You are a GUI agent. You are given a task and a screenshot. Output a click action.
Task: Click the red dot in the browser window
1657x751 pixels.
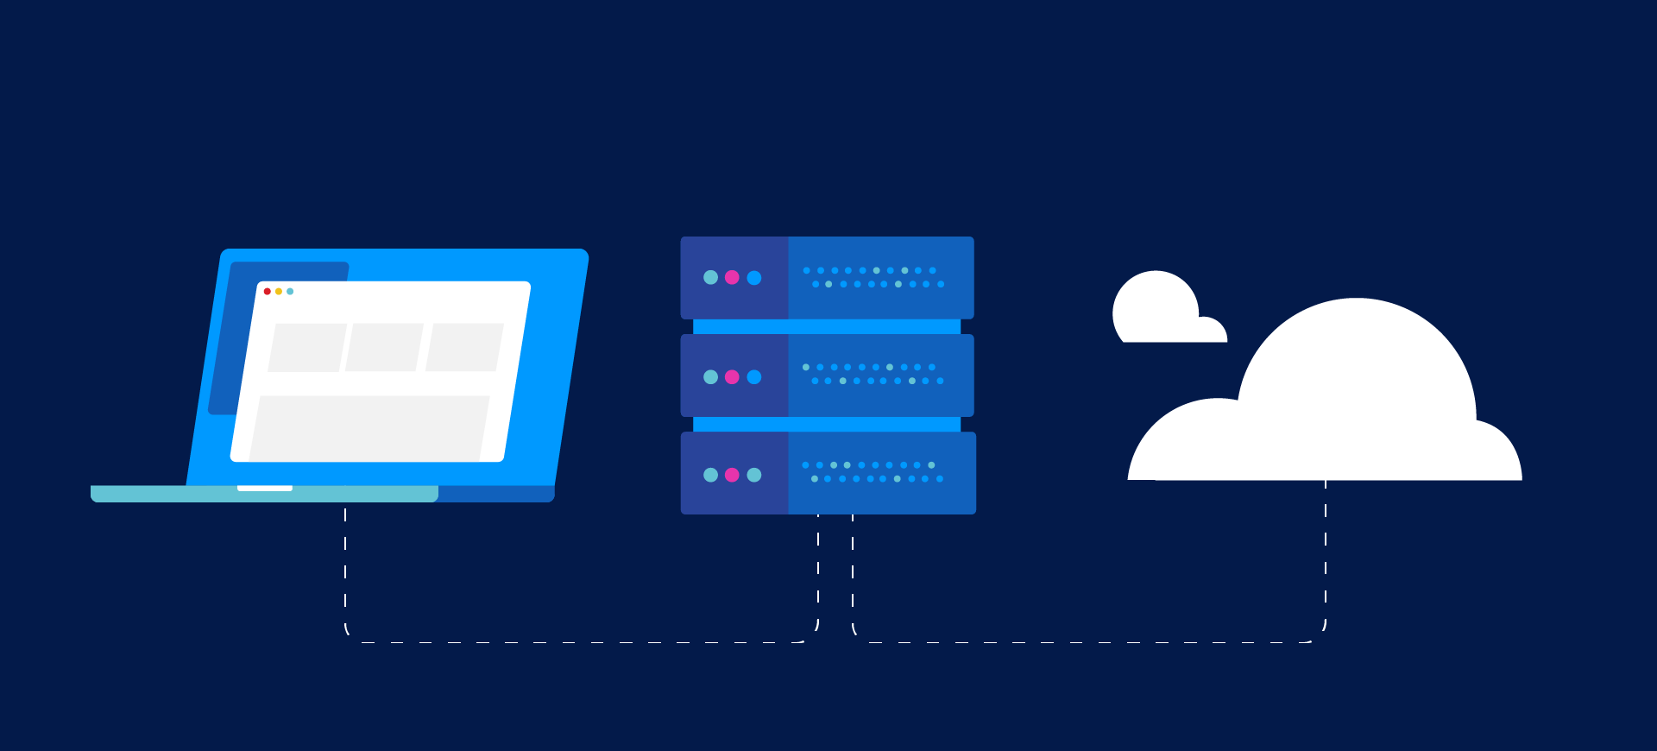(268, 292)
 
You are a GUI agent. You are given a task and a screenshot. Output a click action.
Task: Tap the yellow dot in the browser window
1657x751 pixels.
(279, 292)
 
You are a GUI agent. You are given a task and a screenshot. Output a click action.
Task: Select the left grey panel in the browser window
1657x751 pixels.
(306, 348)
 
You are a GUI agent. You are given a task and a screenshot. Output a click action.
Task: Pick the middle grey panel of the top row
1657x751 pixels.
(384, 348)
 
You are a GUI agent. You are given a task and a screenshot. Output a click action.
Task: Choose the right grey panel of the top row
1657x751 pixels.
(464, 348)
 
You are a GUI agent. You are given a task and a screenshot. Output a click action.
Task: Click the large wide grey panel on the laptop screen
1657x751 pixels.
(369, 428)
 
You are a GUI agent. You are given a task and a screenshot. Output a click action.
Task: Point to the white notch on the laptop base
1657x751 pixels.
(265, 489)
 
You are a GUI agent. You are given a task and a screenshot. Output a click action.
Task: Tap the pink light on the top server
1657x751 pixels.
(732, 277)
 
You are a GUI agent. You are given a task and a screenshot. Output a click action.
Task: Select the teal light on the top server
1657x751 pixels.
(710, 277)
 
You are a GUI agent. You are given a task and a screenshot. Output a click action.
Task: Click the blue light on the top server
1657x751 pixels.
(754, 277)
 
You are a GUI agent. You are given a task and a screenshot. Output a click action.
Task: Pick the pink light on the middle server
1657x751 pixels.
(732, 377)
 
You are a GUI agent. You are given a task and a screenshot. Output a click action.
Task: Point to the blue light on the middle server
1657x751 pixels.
(754, 377)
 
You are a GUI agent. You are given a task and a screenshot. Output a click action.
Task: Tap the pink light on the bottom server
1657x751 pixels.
(732, 475)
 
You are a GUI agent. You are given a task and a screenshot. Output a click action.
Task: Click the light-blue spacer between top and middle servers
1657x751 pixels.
(827, 327)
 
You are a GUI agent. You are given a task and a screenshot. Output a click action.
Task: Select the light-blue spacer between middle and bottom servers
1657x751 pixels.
(827, 425)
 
